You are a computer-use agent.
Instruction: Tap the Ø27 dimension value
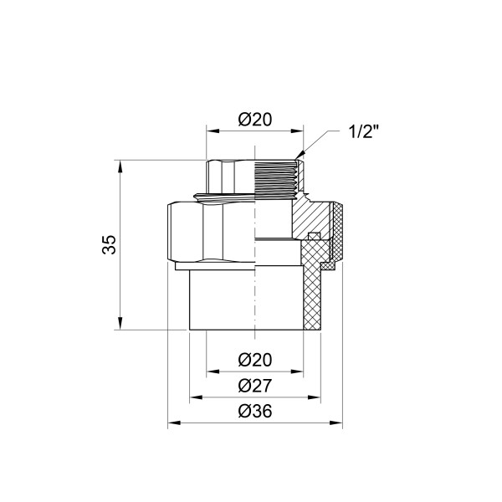coord(254,386)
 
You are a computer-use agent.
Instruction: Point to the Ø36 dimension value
coord(254,412)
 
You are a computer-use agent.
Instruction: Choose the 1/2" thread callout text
coord(366,131)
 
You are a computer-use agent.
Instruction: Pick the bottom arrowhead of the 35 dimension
coord(122,327)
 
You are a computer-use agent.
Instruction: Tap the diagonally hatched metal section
coord(307,219)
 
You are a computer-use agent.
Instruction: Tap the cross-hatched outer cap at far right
coord(339,230)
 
